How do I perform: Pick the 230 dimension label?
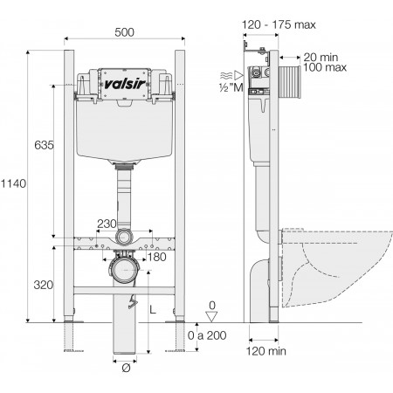(x=107, y=224)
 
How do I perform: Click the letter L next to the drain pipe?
(x=155, y=309)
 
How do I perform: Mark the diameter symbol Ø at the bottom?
(x=126, y=368)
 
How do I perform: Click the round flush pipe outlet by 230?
(x=125, y=237)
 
